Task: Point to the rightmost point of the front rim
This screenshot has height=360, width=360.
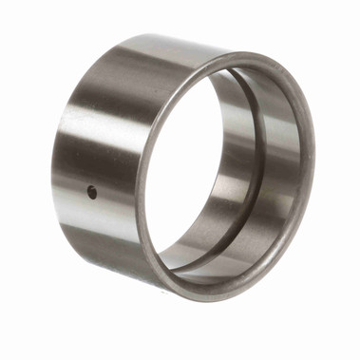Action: [314, 161]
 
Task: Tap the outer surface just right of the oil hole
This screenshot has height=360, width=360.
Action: [109, 195]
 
